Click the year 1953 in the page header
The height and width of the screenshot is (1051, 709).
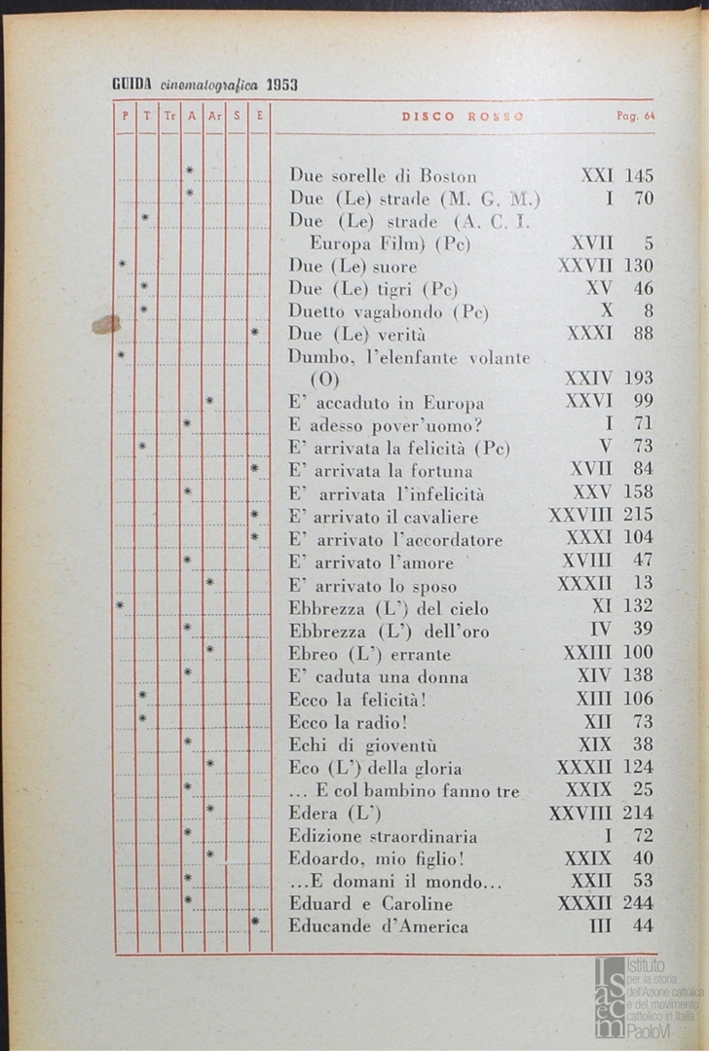[x=280, y=85]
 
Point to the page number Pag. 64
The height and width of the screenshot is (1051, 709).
[x=635, y=116]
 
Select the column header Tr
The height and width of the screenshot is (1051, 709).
[x=169, y=116]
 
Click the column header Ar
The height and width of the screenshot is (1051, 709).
[x=214, y=116]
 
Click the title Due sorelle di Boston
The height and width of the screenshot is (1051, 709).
[x=383, y=176]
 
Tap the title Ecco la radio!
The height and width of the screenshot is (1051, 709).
[x=348, y=721]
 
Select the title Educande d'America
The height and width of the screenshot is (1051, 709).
[x=378, y=925]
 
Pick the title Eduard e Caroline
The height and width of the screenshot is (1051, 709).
[x=371, y=903]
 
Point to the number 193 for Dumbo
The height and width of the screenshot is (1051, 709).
[x=638, y=379]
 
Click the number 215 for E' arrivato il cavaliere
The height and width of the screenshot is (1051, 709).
[x=638, y=515]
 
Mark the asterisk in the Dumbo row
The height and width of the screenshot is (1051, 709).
[x=122, y=355]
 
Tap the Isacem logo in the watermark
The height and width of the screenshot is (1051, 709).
[x=611, y=997]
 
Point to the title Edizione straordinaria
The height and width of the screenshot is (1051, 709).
[x=383, y=835]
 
